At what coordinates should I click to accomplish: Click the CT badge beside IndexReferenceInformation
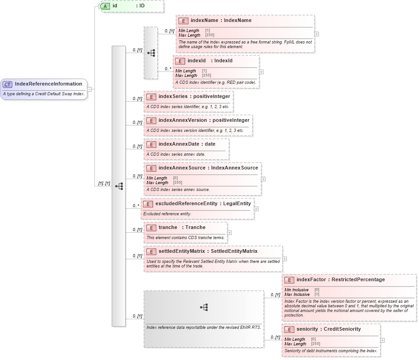[x=8, y=84]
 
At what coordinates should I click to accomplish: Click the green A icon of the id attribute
[x=105, y=6]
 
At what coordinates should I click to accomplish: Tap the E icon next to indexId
[x=180, y=61]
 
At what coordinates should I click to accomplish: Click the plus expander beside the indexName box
[x=317, y=34]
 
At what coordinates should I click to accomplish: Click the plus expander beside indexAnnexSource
[x=264, y=179]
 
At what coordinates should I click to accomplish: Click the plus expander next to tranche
[x=230, y=233]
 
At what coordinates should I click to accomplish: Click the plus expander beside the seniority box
[x=383, y=340]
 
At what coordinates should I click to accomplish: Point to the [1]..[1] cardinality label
[x=104, y=183]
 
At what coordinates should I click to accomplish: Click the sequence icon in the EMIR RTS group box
[x=204, y=307]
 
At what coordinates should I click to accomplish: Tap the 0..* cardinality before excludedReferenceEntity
[x=136, y=206]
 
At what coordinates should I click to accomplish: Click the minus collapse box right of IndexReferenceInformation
[x=90, y=89]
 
